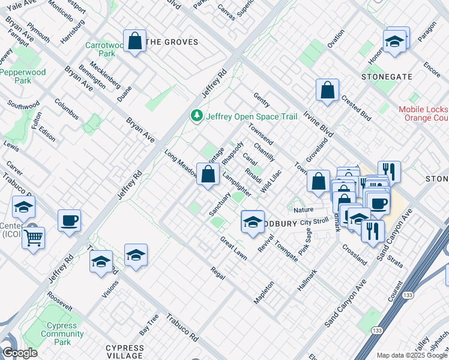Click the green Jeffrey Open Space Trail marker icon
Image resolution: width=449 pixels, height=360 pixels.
pos(196,116)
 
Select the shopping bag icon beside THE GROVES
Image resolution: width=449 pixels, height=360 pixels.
pos(135,41)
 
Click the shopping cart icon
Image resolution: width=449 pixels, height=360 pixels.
pos(33,238)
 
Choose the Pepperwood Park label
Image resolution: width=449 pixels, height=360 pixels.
pos(23,76)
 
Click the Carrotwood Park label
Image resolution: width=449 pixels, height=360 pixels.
pos(100,49)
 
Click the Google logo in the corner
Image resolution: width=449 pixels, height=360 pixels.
pos(20,353)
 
